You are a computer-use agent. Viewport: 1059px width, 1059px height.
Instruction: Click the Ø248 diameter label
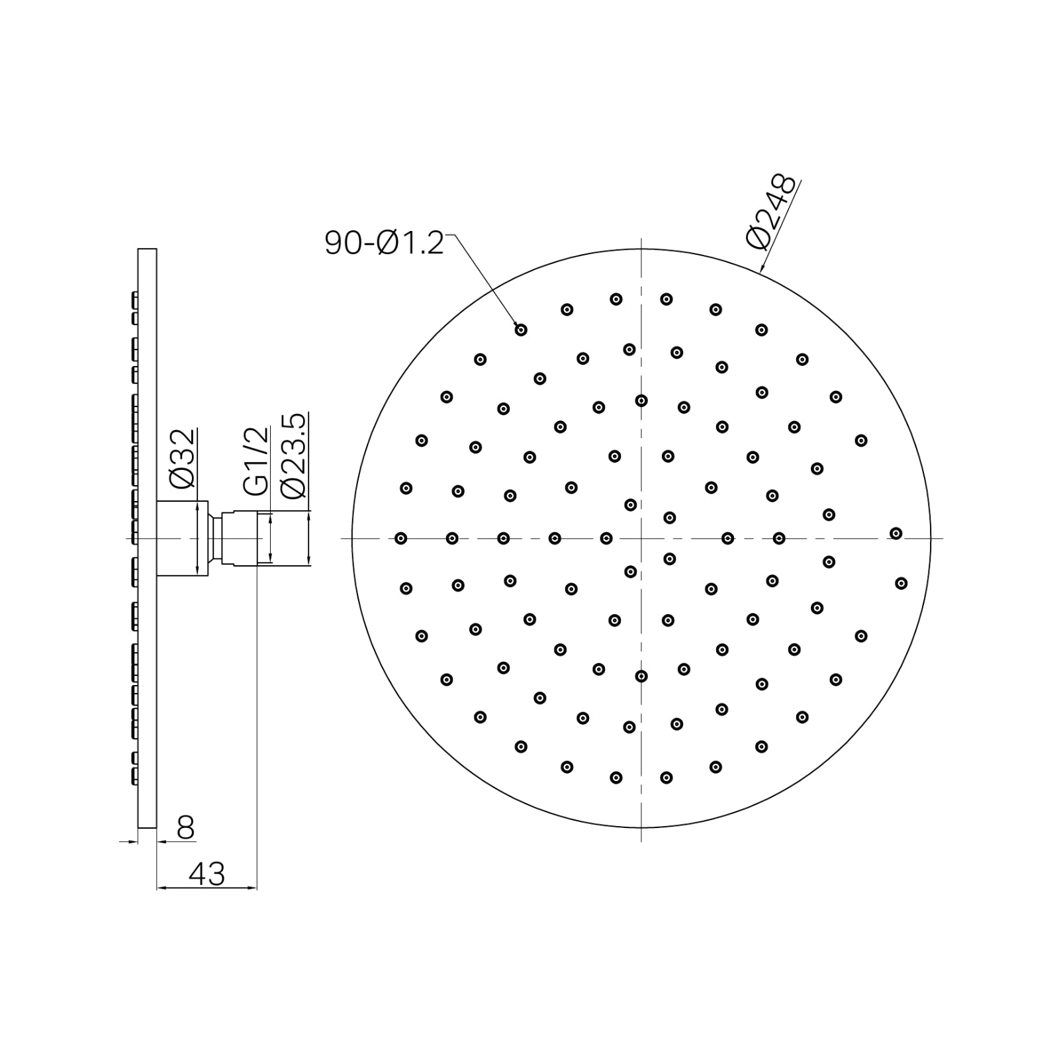[771, 210]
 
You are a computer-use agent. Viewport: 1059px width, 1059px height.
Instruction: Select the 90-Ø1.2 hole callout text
[384, 243]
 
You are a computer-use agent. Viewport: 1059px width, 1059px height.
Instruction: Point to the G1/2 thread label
[256, 461]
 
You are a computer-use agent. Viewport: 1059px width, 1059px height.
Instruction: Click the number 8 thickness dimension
[186, 827]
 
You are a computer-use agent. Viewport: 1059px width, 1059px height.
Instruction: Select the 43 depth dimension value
[207, 874]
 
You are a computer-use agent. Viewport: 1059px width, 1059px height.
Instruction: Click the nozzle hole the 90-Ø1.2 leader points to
[521, 329]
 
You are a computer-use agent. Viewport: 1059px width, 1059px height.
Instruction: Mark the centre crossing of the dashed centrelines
[641, 538]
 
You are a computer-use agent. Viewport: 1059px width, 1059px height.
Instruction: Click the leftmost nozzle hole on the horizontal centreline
[400, 539]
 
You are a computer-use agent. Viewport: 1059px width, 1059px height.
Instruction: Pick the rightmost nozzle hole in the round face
[901, 583]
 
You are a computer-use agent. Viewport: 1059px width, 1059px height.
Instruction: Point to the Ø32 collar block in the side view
[182, 538]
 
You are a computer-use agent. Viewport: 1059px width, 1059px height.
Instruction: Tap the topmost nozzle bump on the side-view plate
[135, 299]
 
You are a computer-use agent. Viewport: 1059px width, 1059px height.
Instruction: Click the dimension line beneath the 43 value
[207, 888]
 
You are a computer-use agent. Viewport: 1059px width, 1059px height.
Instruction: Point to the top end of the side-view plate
[147, 250]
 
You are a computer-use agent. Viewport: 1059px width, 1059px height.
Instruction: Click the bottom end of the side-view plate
[147, 826]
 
